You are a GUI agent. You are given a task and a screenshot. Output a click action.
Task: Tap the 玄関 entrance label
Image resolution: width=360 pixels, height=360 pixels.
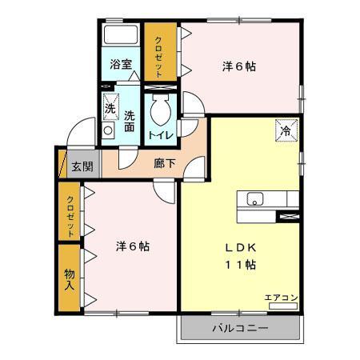coord(82,166)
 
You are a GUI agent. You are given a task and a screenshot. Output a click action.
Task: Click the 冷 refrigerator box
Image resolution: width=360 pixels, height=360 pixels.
coord(286,128)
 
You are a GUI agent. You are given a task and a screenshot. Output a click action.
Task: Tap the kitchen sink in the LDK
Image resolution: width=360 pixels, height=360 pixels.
coord(256,200)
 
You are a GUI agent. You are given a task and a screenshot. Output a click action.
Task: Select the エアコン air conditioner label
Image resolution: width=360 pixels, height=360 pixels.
coord(282,298)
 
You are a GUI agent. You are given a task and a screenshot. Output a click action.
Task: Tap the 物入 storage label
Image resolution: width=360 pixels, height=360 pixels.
coord(70,280)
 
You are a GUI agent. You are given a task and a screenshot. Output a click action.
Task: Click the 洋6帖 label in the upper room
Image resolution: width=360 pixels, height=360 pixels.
coord(239,67)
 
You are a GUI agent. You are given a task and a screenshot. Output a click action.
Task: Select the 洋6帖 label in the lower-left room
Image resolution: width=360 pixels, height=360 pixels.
coord(132,246)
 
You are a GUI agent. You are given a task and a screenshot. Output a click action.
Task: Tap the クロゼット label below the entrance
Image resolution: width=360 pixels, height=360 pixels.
coord(70,214)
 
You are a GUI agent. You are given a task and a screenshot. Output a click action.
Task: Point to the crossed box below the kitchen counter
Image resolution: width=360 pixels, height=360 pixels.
coord(286,216)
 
